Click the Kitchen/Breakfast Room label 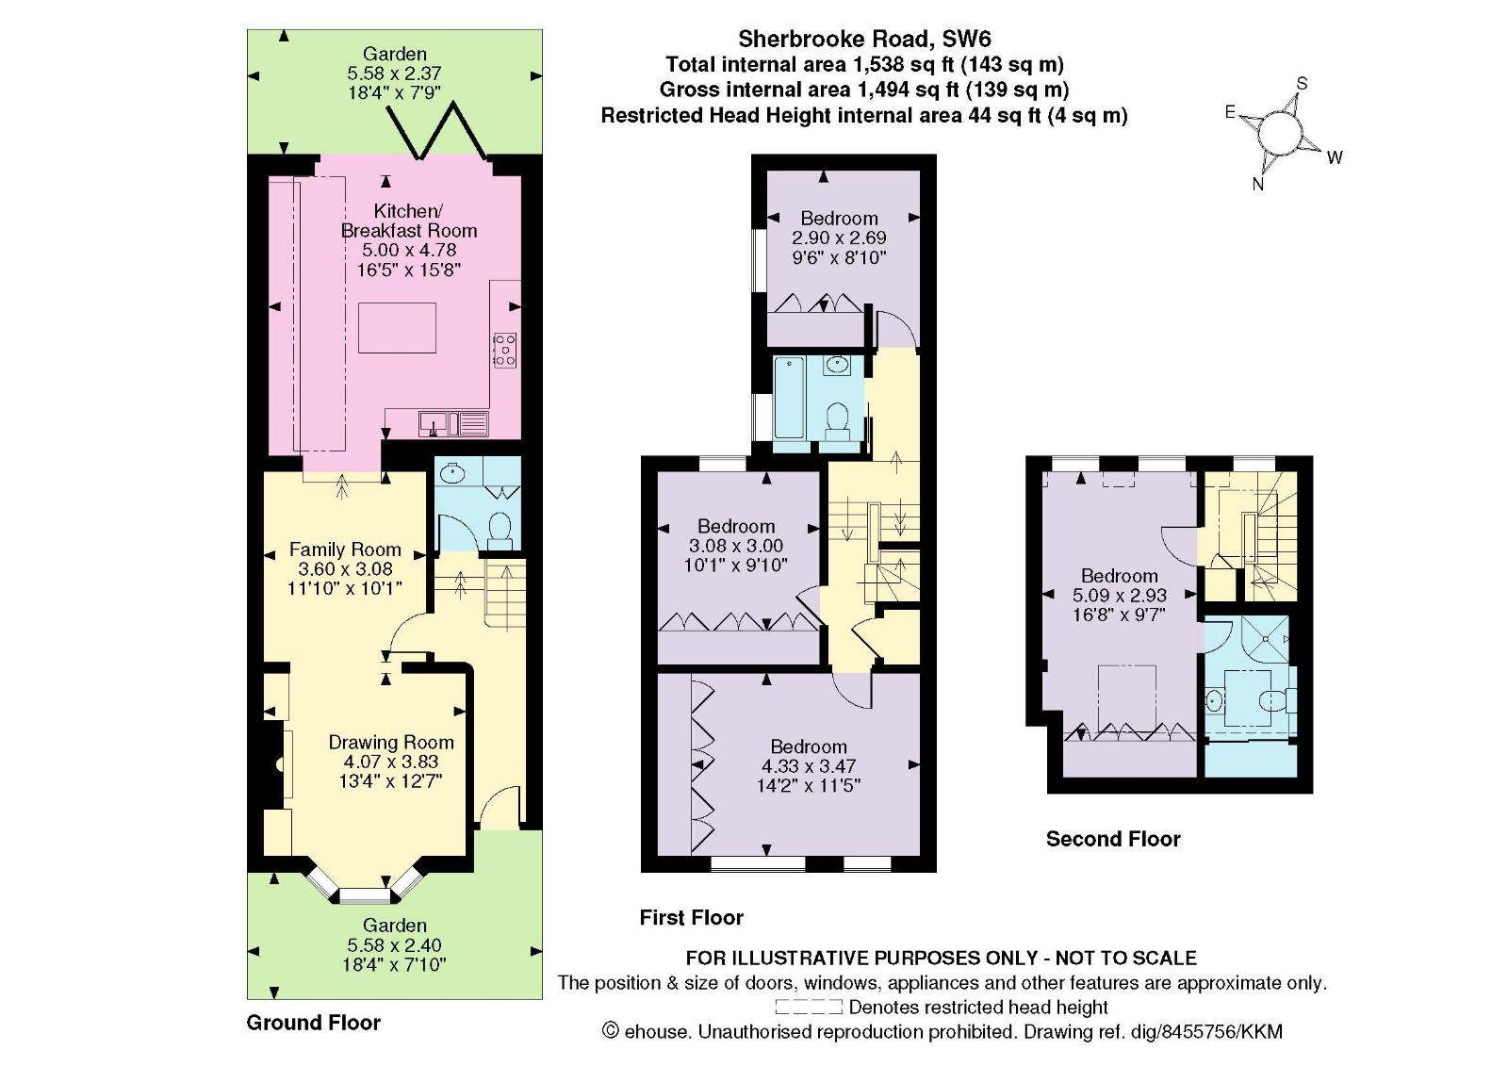409,221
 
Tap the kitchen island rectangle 397,328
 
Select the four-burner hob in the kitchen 505,351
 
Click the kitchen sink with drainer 453,423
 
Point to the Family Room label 345,549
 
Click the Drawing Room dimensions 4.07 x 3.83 391,762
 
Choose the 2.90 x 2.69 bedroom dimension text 839,238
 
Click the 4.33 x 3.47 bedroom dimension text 809,766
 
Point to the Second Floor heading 1113,839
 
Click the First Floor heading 692,918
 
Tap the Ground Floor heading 314,1023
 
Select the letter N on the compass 1257,185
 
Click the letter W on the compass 1335,157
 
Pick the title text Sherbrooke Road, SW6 864,39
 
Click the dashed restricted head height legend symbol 809,1007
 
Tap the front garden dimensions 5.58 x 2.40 395,945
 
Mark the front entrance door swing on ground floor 499,805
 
